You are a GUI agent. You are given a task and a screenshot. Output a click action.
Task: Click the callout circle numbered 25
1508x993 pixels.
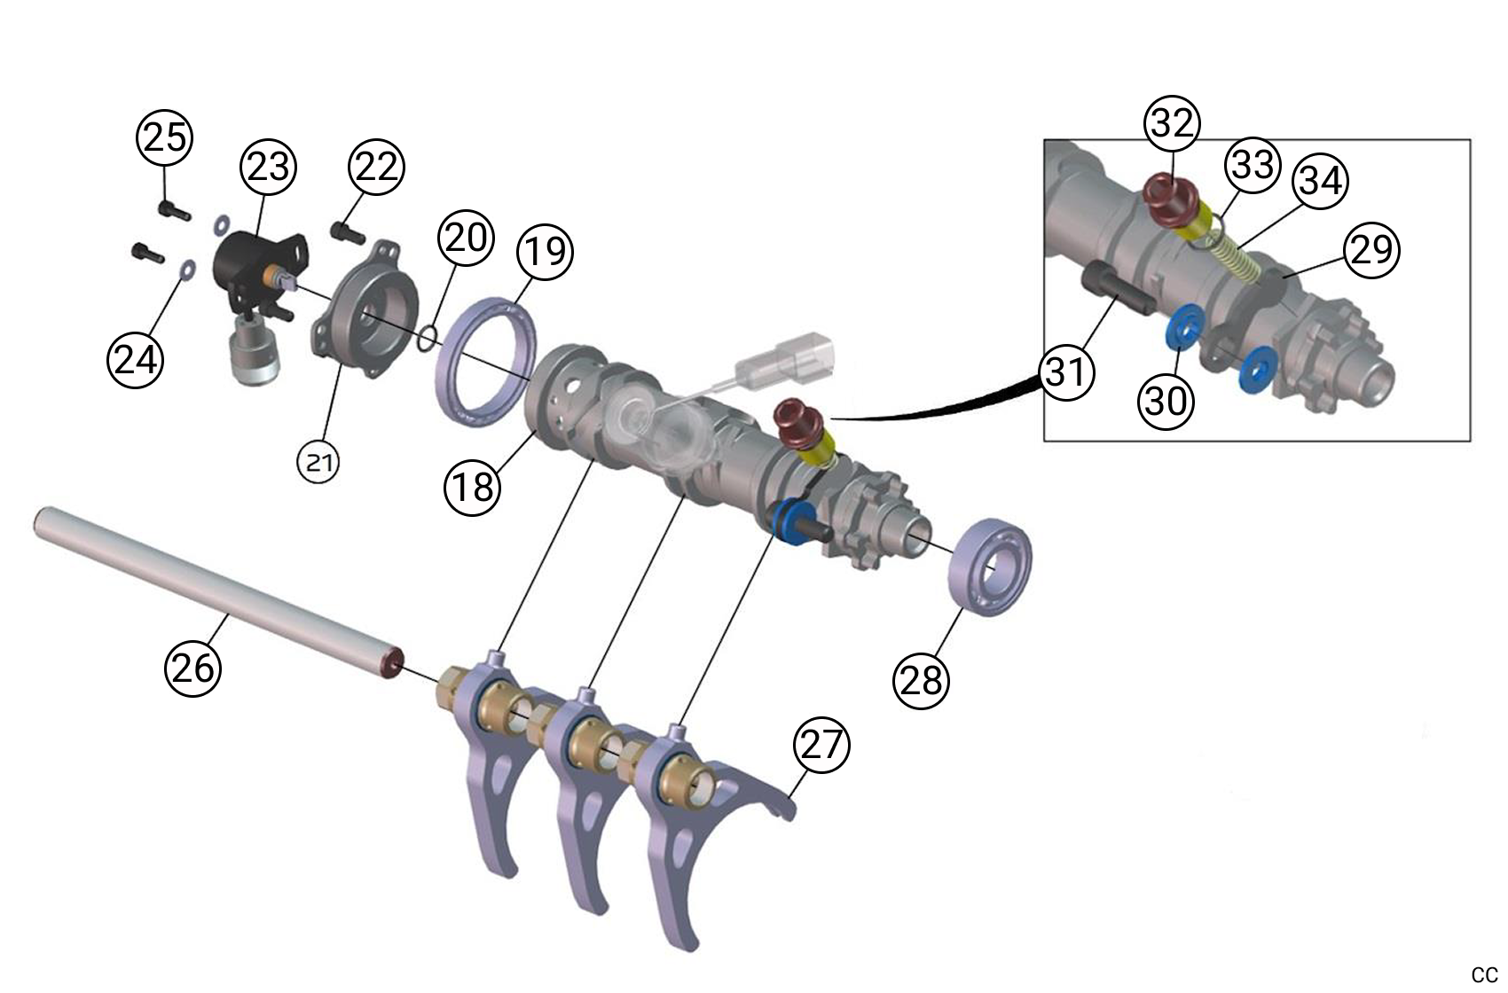(165, 137)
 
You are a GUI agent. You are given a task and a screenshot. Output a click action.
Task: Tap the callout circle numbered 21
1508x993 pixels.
(319, 461)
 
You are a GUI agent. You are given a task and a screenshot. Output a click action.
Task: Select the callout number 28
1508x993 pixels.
(921, 680)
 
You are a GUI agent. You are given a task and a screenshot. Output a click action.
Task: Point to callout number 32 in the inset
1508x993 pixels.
(1172, 123)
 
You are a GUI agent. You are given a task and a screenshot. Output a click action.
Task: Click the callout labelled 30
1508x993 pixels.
(1166, 401)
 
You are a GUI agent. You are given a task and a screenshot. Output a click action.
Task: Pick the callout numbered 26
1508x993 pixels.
(192, 668)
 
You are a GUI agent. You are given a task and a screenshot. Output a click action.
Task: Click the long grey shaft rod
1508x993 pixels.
(213, 586)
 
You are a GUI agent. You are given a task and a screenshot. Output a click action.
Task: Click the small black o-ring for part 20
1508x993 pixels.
(427, 338)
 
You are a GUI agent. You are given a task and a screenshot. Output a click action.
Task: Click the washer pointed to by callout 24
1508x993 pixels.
(185, 270)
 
